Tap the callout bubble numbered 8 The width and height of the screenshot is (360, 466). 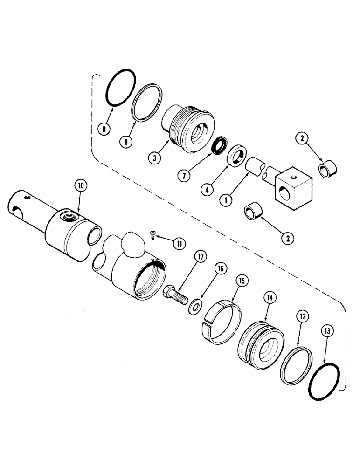point(125,140)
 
